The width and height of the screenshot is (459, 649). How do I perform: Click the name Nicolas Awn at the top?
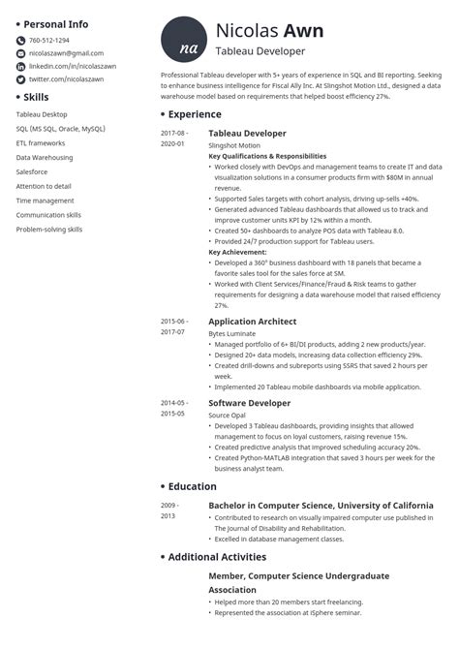[x=270, y=31]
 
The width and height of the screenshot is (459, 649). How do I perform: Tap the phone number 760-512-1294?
[x=48, y=40]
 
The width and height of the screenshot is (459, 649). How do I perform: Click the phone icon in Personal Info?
[x=20, y=41]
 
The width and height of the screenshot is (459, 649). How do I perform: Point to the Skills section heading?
[x=42, y=97]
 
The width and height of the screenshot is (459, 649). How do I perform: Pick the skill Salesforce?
[x=35, y=171]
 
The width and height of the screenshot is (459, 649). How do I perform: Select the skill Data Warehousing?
[x=45, y=157]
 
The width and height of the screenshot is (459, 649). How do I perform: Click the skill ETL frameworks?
[x=41, y=142]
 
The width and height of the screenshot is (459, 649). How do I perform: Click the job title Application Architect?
[x=252, y=322]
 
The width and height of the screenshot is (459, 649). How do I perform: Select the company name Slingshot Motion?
[x=236, y=144]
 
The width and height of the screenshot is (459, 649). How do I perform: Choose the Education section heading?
[x=192, y=486]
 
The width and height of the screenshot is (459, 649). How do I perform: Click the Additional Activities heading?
[x=217, y=557]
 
